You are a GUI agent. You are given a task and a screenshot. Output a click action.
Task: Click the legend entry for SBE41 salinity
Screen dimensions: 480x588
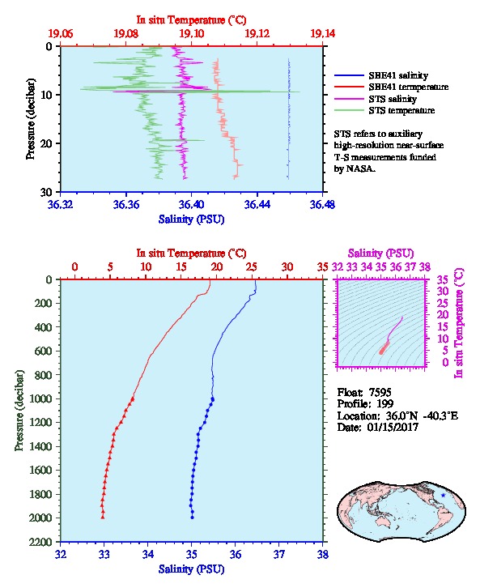(398, 76)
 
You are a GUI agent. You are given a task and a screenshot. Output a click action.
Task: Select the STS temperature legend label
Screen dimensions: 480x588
(401, 111)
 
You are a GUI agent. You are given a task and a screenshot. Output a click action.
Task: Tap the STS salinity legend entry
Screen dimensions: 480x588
(393, 99)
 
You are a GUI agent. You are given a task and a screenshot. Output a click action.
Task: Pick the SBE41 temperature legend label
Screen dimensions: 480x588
(409, 87)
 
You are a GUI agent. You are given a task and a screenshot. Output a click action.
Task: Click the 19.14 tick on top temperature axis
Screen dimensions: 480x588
(323, 34)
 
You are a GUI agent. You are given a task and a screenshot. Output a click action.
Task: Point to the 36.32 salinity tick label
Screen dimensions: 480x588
(61, 204)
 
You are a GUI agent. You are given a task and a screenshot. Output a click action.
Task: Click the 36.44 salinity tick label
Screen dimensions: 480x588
(257, 204)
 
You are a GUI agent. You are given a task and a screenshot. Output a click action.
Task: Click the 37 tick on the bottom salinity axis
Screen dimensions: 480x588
(279, 554)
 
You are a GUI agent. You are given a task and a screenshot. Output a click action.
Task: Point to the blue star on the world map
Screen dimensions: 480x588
(444, 496)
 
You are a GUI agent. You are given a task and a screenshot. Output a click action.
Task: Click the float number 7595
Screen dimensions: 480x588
(380, 393)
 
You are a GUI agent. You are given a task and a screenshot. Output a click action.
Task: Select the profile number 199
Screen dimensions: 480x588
(384, 404)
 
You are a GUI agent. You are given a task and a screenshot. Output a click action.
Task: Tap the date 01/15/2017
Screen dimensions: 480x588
(393, 427)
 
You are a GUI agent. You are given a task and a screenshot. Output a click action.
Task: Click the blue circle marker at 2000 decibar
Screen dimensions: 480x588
(192, 518)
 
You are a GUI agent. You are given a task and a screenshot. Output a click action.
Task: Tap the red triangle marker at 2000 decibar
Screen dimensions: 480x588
(103, 518)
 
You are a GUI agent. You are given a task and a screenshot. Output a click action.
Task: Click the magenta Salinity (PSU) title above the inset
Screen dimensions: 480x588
(380, 254)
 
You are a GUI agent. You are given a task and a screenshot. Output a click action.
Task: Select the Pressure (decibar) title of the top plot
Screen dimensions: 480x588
(31, 119)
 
